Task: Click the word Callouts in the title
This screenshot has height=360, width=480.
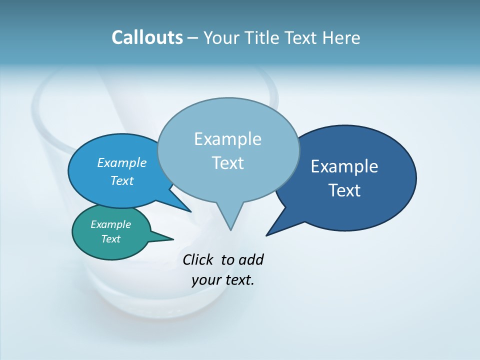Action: pos(147,37)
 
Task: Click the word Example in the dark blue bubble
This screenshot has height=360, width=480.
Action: pos(344,166)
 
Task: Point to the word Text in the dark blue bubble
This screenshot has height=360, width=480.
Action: pos(344,190)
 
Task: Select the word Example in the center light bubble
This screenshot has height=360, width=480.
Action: pos(227,139)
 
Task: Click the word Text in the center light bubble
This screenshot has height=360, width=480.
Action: pos(227,163)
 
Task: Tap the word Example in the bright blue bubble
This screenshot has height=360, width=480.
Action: pos(122,162)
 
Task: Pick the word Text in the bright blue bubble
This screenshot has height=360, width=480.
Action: pos(122,180)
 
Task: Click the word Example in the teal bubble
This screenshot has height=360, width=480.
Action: pos(111,224)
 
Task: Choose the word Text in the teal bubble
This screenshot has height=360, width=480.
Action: pos(111,239)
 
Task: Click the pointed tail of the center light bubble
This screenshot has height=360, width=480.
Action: pos(230,227)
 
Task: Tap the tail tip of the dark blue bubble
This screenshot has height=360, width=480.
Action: pos(268,234)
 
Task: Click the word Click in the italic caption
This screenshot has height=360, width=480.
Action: pos(197,260)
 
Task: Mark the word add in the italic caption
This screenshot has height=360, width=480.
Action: pos(251,260)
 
